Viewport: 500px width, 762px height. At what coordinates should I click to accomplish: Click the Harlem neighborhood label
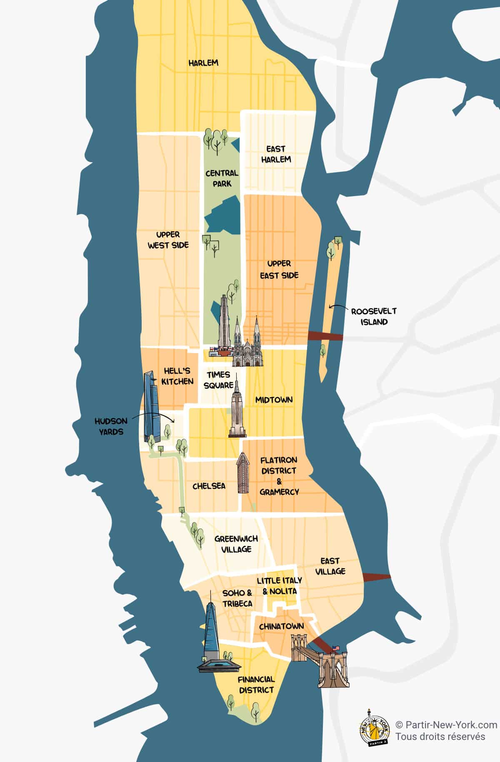[203, 63]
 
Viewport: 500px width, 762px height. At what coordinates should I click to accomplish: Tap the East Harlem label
[275, 154]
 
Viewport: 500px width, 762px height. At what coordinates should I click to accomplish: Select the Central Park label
[222, 178]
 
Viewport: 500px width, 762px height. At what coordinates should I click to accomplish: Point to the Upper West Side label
[168, 240]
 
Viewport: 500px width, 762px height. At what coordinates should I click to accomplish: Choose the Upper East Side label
[279, 269]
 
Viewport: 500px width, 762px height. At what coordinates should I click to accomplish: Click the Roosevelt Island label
[374, 316]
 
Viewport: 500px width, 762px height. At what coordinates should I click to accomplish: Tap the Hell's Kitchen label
[177, 376]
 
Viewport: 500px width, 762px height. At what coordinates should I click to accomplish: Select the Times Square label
[218, 380]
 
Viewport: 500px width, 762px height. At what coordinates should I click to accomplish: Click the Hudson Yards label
[111, 426]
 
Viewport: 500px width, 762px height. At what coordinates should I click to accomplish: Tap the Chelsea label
[209, 486]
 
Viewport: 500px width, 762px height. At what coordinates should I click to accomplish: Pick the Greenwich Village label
[236, 544]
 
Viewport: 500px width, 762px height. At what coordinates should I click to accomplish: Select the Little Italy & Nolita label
[279, 586]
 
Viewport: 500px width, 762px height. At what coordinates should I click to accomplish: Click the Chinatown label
[281, 626]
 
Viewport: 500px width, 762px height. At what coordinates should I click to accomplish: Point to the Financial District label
[256, 685]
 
